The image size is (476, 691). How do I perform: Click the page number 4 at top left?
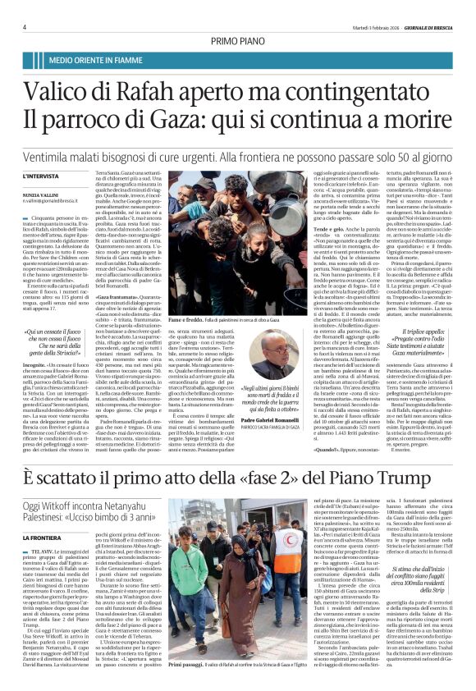tap(25, 28)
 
